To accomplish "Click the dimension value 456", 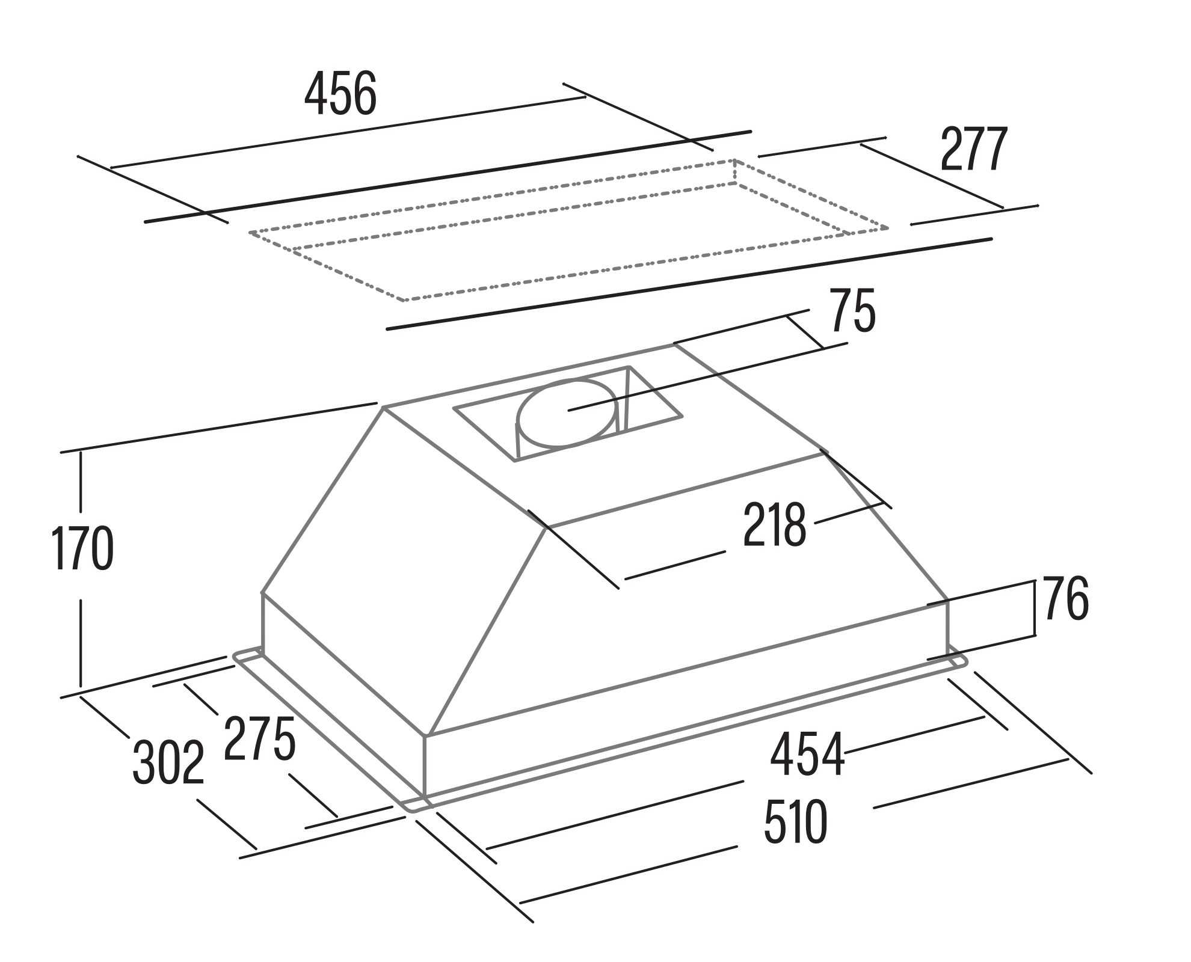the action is pos(340,94).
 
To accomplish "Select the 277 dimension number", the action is pos(973,149).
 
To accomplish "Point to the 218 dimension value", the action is pos(775,525).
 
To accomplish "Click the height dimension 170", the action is pos(83,548).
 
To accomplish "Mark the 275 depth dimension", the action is pos(260,739).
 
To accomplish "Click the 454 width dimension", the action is pos(808,754).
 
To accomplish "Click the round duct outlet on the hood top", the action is pos(566,413).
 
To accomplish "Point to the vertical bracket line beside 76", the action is pos(1035,608).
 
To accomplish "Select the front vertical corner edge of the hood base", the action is pos(425,765).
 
